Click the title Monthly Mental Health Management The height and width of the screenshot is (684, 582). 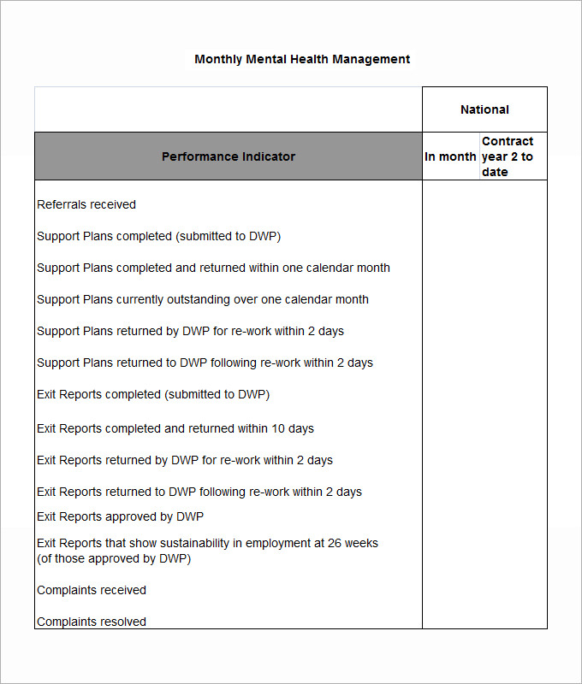(x=302, y=59)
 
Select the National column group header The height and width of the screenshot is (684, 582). (x=484, y=109)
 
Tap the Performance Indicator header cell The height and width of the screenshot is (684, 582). (x=229, y=156)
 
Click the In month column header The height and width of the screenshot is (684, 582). (x=450, y=156)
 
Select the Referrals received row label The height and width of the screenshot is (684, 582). (x=86, y=204)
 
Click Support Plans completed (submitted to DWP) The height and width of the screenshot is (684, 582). (x=158, y=236)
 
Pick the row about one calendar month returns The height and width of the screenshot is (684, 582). (x=213, y=268)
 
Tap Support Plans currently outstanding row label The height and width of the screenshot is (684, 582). (x=203, y=299)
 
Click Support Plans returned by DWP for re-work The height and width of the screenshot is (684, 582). (x=190, y=331)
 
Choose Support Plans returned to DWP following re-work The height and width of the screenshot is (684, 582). (x=205, y=363)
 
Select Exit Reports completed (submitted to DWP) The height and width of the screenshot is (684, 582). (x=153, y=394)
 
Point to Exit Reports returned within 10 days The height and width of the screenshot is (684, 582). (x=175, y=428)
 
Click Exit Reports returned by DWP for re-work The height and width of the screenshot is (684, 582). (x=185, y=460)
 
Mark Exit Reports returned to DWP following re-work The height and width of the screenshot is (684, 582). (x=199, y=492)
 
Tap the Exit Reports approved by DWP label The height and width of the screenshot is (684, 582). (x=120, y=516)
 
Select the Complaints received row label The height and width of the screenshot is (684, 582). (x=92, y=590)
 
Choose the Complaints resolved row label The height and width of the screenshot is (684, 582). (x=92, y=622)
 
